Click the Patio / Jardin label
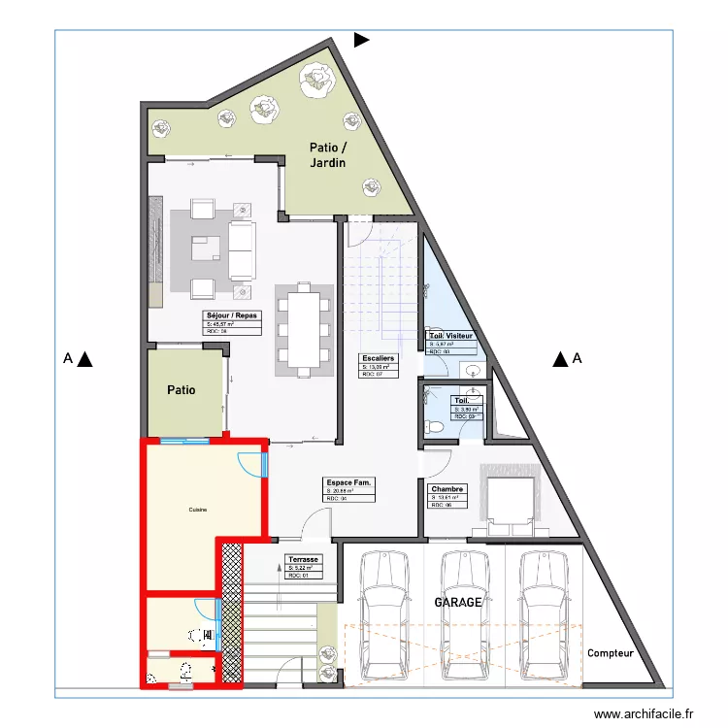[327, 155]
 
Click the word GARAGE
[457, 602]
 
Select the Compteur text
[610, 653]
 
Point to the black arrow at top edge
[361, 40]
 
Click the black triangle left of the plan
[85, 359]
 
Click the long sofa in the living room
[241, 248]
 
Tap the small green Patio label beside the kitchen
[182, 391]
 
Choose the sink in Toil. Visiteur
[473, 370]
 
